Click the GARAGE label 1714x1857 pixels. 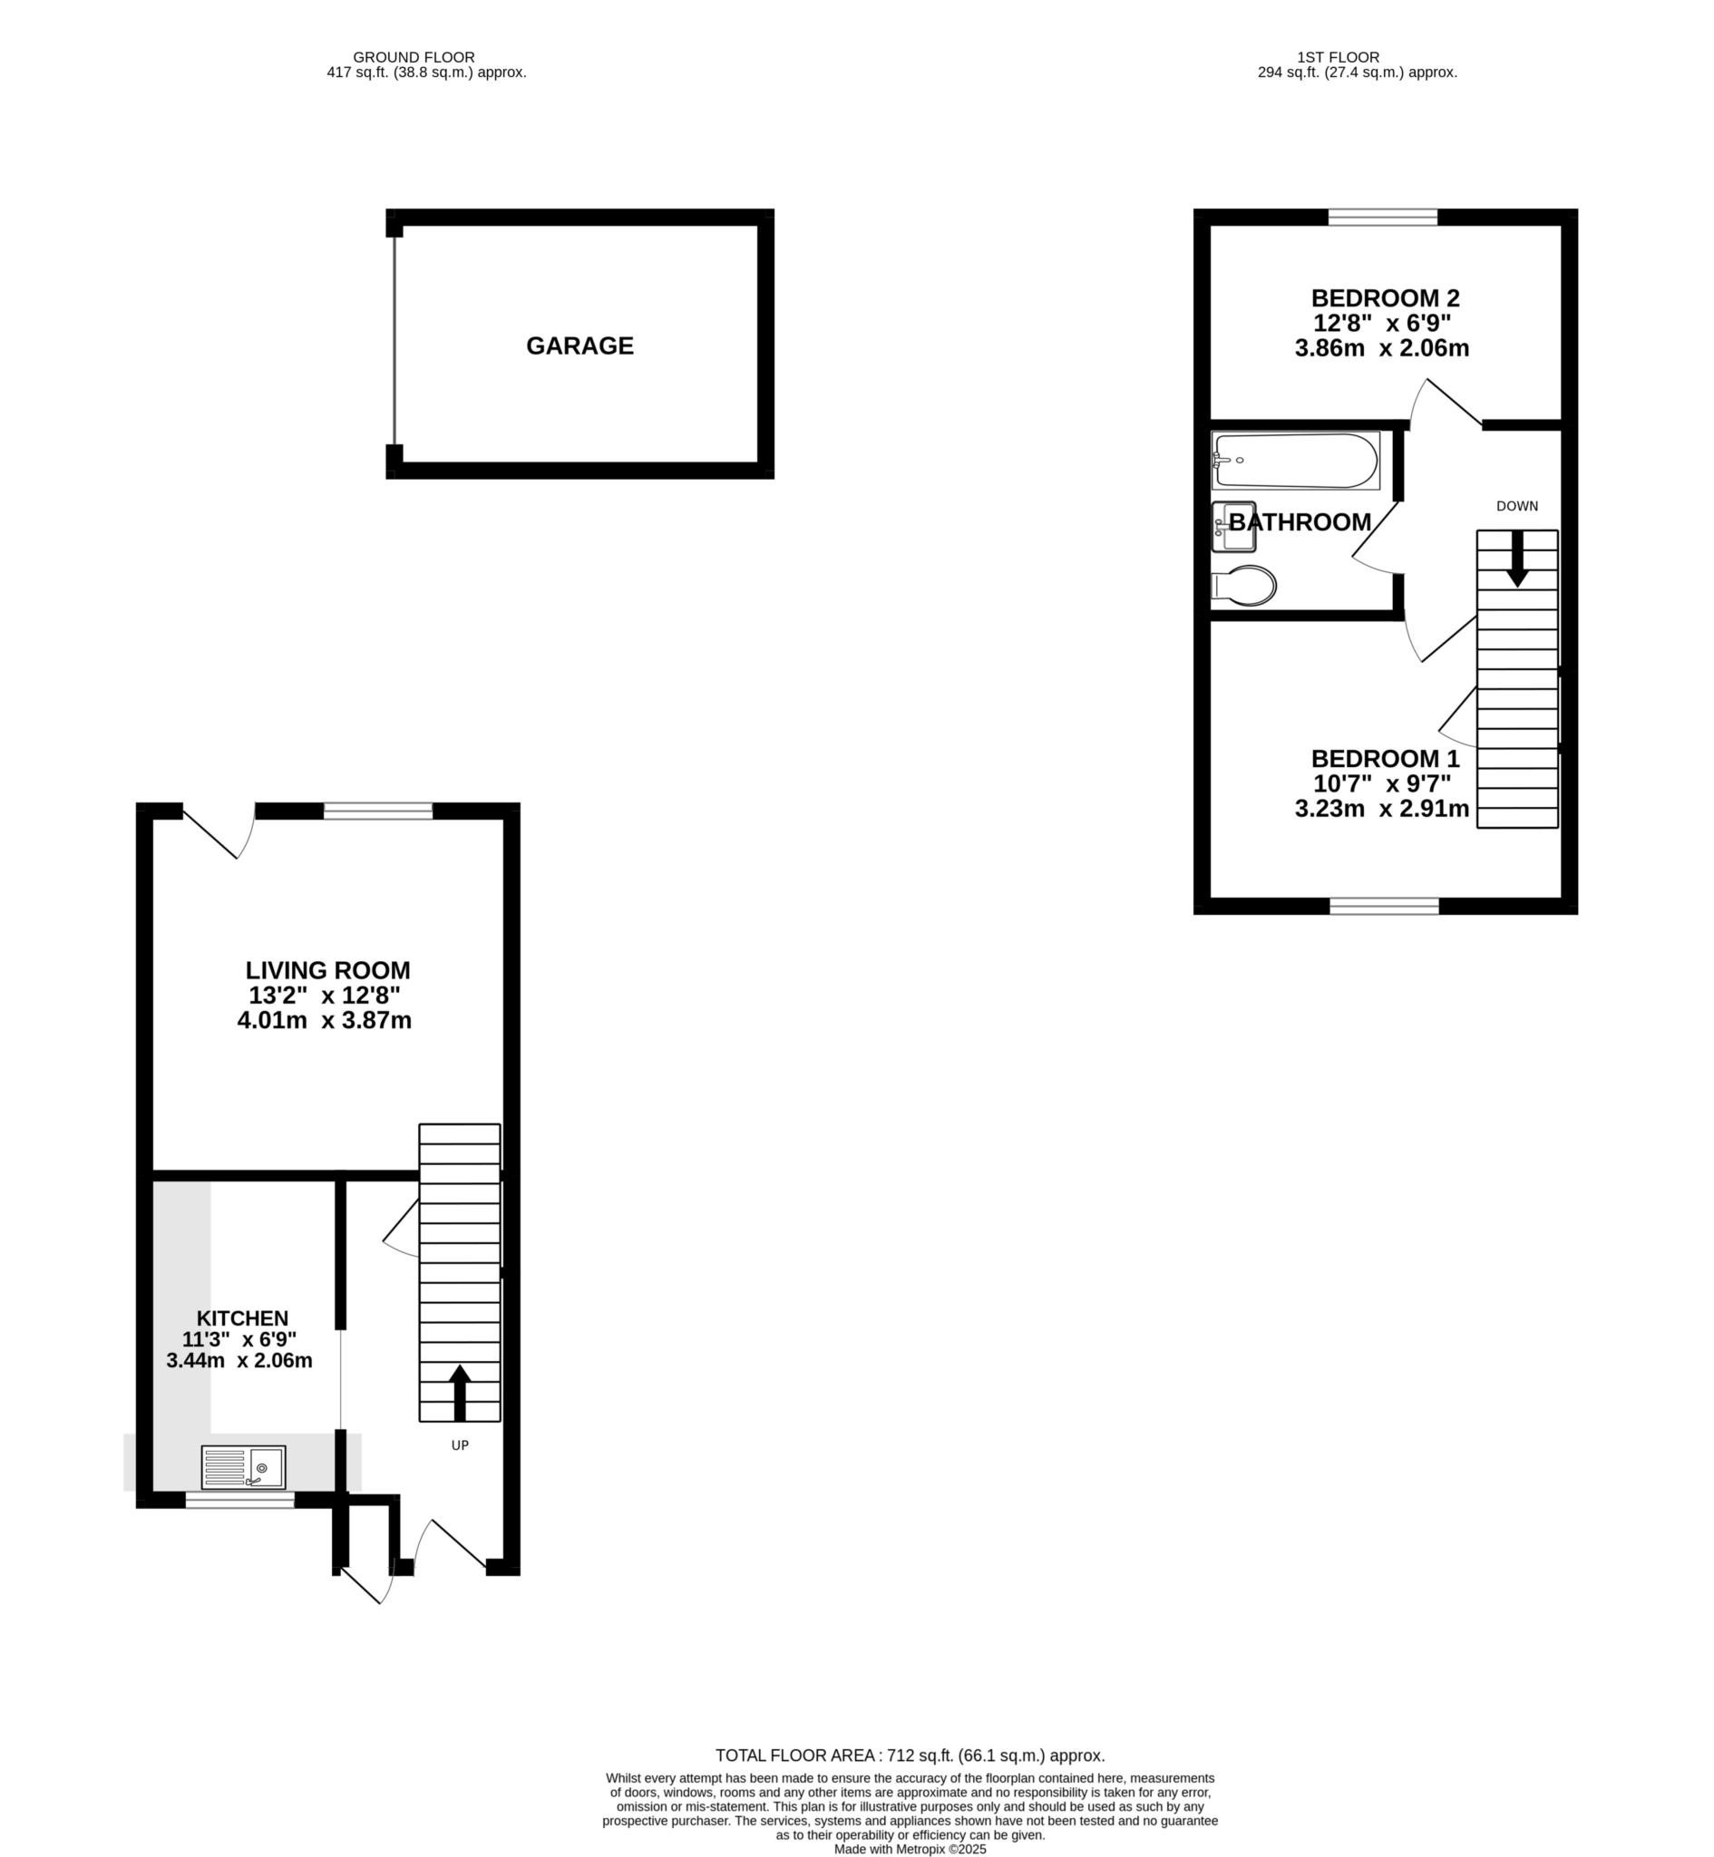[x=579, y=345]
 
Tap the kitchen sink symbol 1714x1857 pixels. [x=243, y=1468]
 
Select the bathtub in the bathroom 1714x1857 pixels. [x=1295, y=461]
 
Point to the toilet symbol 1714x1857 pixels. [x=1243, y=585]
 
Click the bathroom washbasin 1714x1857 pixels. [x=1232, y=527]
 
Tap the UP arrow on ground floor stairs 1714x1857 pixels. [x=460, y=1392]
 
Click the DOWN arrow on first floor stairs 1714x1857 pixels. [x=1517, y=559]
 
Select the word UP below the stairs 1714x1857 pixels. [x=460, y=1445]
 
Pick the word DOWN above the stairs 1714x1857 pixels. [x=1517, y=506]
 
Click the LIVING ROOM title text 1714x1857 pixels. [x=327, y=971]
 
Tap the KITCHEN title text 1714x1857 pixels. [x=242, y=1318]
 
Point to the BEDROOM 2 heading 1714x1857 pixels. [x=1385, y=298]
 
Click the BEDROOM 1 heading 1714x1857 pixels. [x=1385, y=758]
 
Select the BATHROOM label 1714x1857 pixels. [x=1300, y=522]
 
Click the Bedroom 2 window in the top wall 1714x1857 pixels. [x=1382, y=218]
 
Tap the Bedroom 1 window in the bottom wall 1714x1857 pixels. [x=1384, y=906]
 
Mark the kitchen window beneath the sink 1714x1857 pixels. [x=239, y=1500]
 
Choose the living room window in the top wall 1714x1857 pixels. [x=377, y=812]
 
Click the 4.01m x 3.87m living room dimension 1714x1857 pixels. [x=325, y=1021]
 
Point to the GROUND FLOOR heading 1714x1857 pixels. [x=414, y=57]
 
